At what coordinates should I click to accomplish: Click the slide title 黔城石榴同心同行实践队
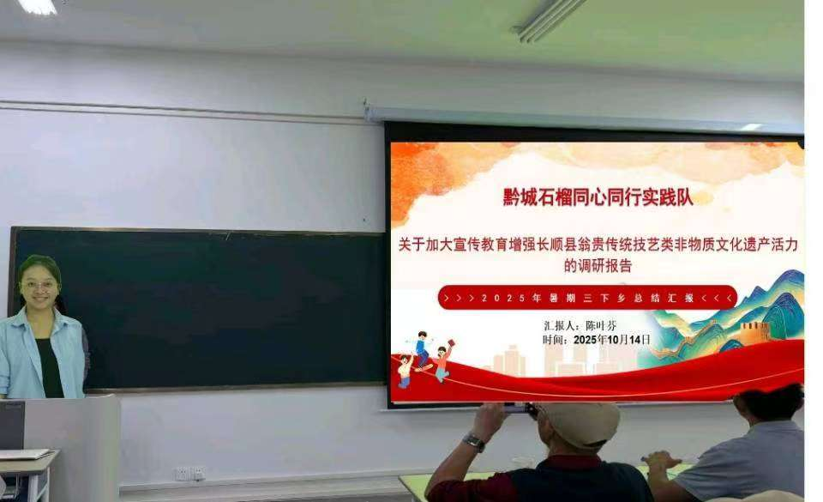[x=597, y=197]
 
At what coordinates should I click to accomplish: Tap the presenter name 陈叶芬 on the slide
[x=599, y=326]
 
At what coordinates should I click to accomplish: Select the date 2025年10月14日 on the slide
[x=611, y=340]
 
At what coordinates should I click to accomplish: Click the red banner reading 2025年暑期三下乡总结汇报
[x=587, y=298]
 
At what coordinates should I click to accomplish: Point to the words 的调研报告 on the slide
[x=598, y=266]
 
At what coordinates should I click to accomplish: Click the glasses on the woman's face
[x=39, y=284]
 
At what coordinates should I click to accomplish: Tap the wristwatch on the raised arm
[x=473, y=442]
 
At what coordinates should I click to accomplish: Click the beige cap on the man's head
[x=580, y=422]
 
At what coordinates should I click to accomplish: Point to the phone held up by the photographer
[x=519, y=408]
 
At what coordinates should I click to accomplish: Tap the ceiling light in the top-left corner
[x=37, y=6]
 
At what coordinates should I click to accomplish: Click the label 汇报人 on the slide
[x=562, y=326]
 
